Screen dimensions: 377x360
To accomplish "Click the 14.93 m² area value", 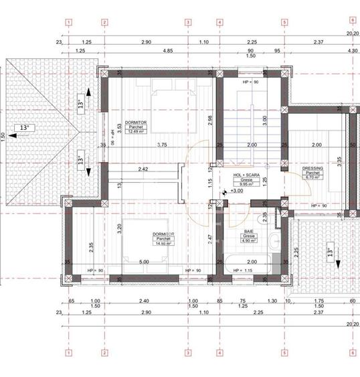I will pyautogui.click(x=163, y=244).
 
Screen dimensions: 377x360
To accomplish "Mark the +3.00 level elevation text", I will pyautogui.click(x=236, y=191).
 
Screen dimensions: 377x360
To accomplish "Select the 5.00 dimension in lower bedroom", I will pyautogui.click(x=144, y=262).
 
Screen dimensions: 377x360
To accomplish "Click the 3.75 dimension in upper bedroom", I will pyautogui.click(x=162, y=145).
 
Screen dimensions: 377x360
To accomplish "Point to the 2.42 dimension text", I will pyautogui.click(x=143, y=169).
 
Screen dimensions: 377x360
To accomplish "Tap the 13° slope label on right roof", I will pyautogui.click(x=329, y=252).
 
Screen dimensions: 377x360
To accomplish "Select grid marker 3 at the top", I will pyautogui.click(x=188, y=21).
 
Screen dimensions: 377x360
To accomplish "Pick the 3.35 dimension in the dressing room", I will pyautogui.click(x=339, y=161).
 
